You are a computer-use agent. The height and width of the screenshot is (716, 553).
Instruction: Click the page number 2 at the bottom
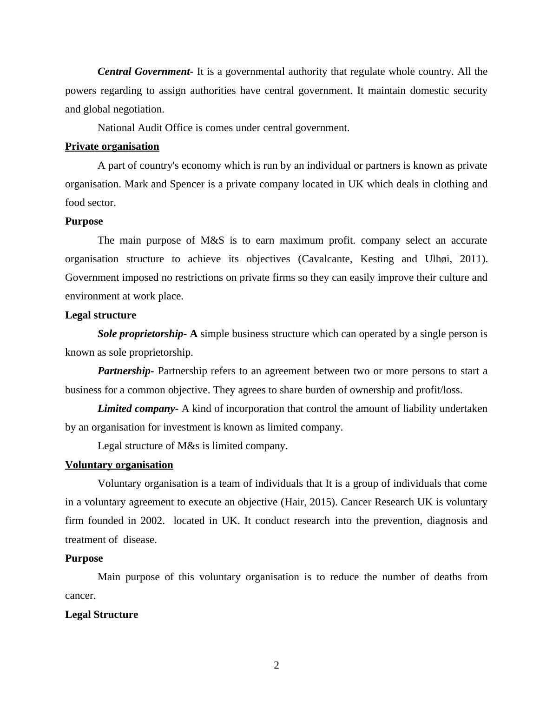point(276,665)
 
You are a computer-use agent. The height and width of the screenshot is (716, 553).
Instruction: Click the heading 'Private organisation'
point(112,146)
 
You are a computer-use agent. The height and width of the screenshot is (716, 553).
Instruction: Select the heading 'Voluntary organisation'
point(119,465)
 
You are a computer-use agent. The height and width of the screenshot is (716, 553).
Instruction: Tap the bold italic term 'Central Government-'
point(145,72)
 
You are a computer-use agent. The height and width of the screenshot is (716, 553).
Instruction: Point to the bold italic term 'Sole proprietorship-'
point(142,334)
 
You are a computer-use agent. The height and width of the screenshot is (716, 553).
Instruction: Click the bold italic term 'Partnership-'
point(125,371)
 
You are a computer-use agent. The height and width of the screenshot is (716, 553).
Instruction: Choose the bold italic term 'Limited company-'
point(138,409)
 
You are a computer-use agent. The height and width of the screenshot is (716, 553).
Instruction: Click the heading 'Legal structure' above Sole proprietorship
point(100,315)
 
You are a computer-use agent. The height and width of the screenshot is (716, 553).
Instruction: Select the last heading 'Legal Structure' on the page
point(101,615)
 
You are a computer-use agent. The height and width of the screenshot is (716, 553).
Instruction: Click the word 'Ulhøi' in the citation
point(437,259)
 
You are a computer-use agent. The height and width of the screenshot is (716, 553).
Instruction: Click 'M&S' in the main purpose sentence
point(212,240)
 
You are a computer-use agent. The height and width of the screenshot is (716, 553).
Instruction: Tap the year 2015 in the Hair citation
point(323,502)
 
